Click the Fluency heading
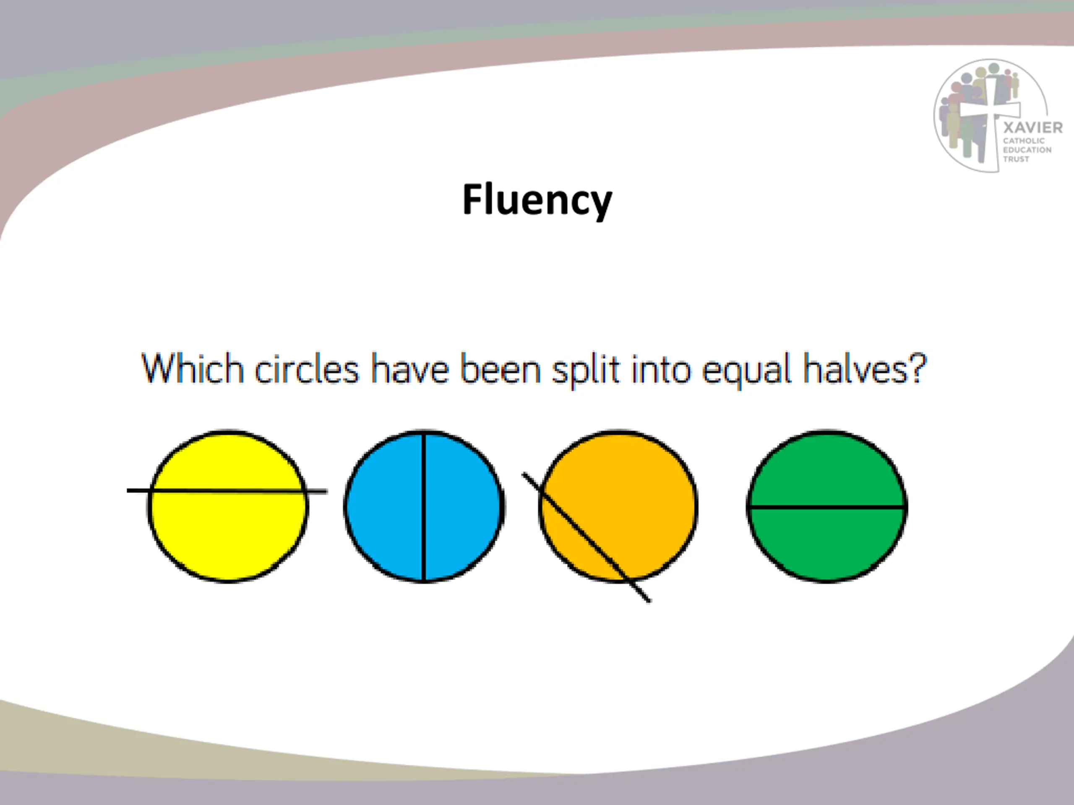[x=537, y=200]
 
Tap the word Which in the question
[x=192, y=369]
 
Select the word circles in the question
[x=306, y=369]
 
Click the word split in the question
[x=586, y=371]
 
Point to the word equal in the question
[x=747, y=371]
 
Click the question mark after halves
[x=917, y=368]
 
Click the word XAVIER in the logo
[x=1033, y=127]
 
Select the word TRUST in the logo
[x=1016, y=159]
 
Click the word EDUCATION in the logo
[x=1027, y=150]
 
